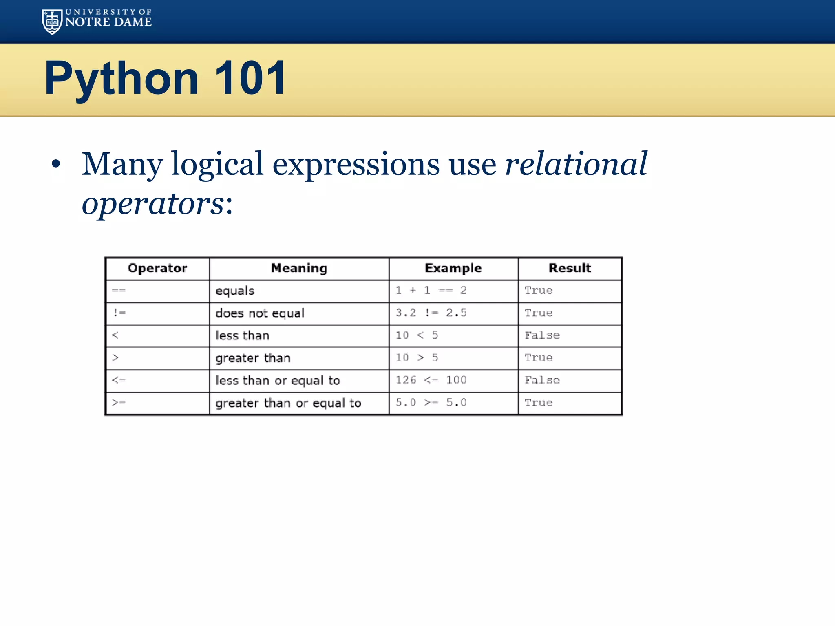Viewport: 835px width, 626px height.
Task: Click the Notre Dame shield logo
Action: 52,22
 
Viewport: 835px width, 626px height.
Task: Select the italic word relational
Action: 576,164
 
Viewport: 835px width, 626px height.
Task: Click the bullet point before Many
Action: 56,164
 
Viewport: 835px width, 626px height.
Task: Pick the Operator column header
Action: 157,268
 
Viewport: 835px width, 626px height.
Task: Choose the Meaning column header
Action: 299,268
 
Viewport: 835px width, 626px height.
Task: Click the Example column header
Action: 453,268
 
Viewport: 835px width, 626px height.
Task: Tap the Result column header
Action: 570,268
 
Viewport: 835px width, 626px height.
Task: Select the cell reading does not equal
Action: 260,313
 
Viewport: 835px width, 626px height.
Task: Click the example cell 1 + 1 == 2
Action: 431,291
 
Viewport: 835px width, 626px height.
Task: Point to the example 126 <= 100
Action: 431,380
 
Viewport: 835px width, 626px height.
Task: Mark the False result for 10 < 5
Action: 542,335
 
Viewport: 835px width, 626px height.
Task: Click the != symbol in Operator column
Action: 119,313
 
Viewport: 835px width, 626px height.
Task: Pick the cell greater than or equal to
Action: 288,403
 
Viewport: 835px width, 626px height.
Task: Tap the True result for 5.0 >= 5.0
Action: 538,403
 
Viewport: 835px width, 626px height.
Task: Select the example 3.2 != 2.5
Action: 431,313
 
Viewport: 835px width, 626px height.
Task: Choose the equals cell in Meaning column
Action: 235,291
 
